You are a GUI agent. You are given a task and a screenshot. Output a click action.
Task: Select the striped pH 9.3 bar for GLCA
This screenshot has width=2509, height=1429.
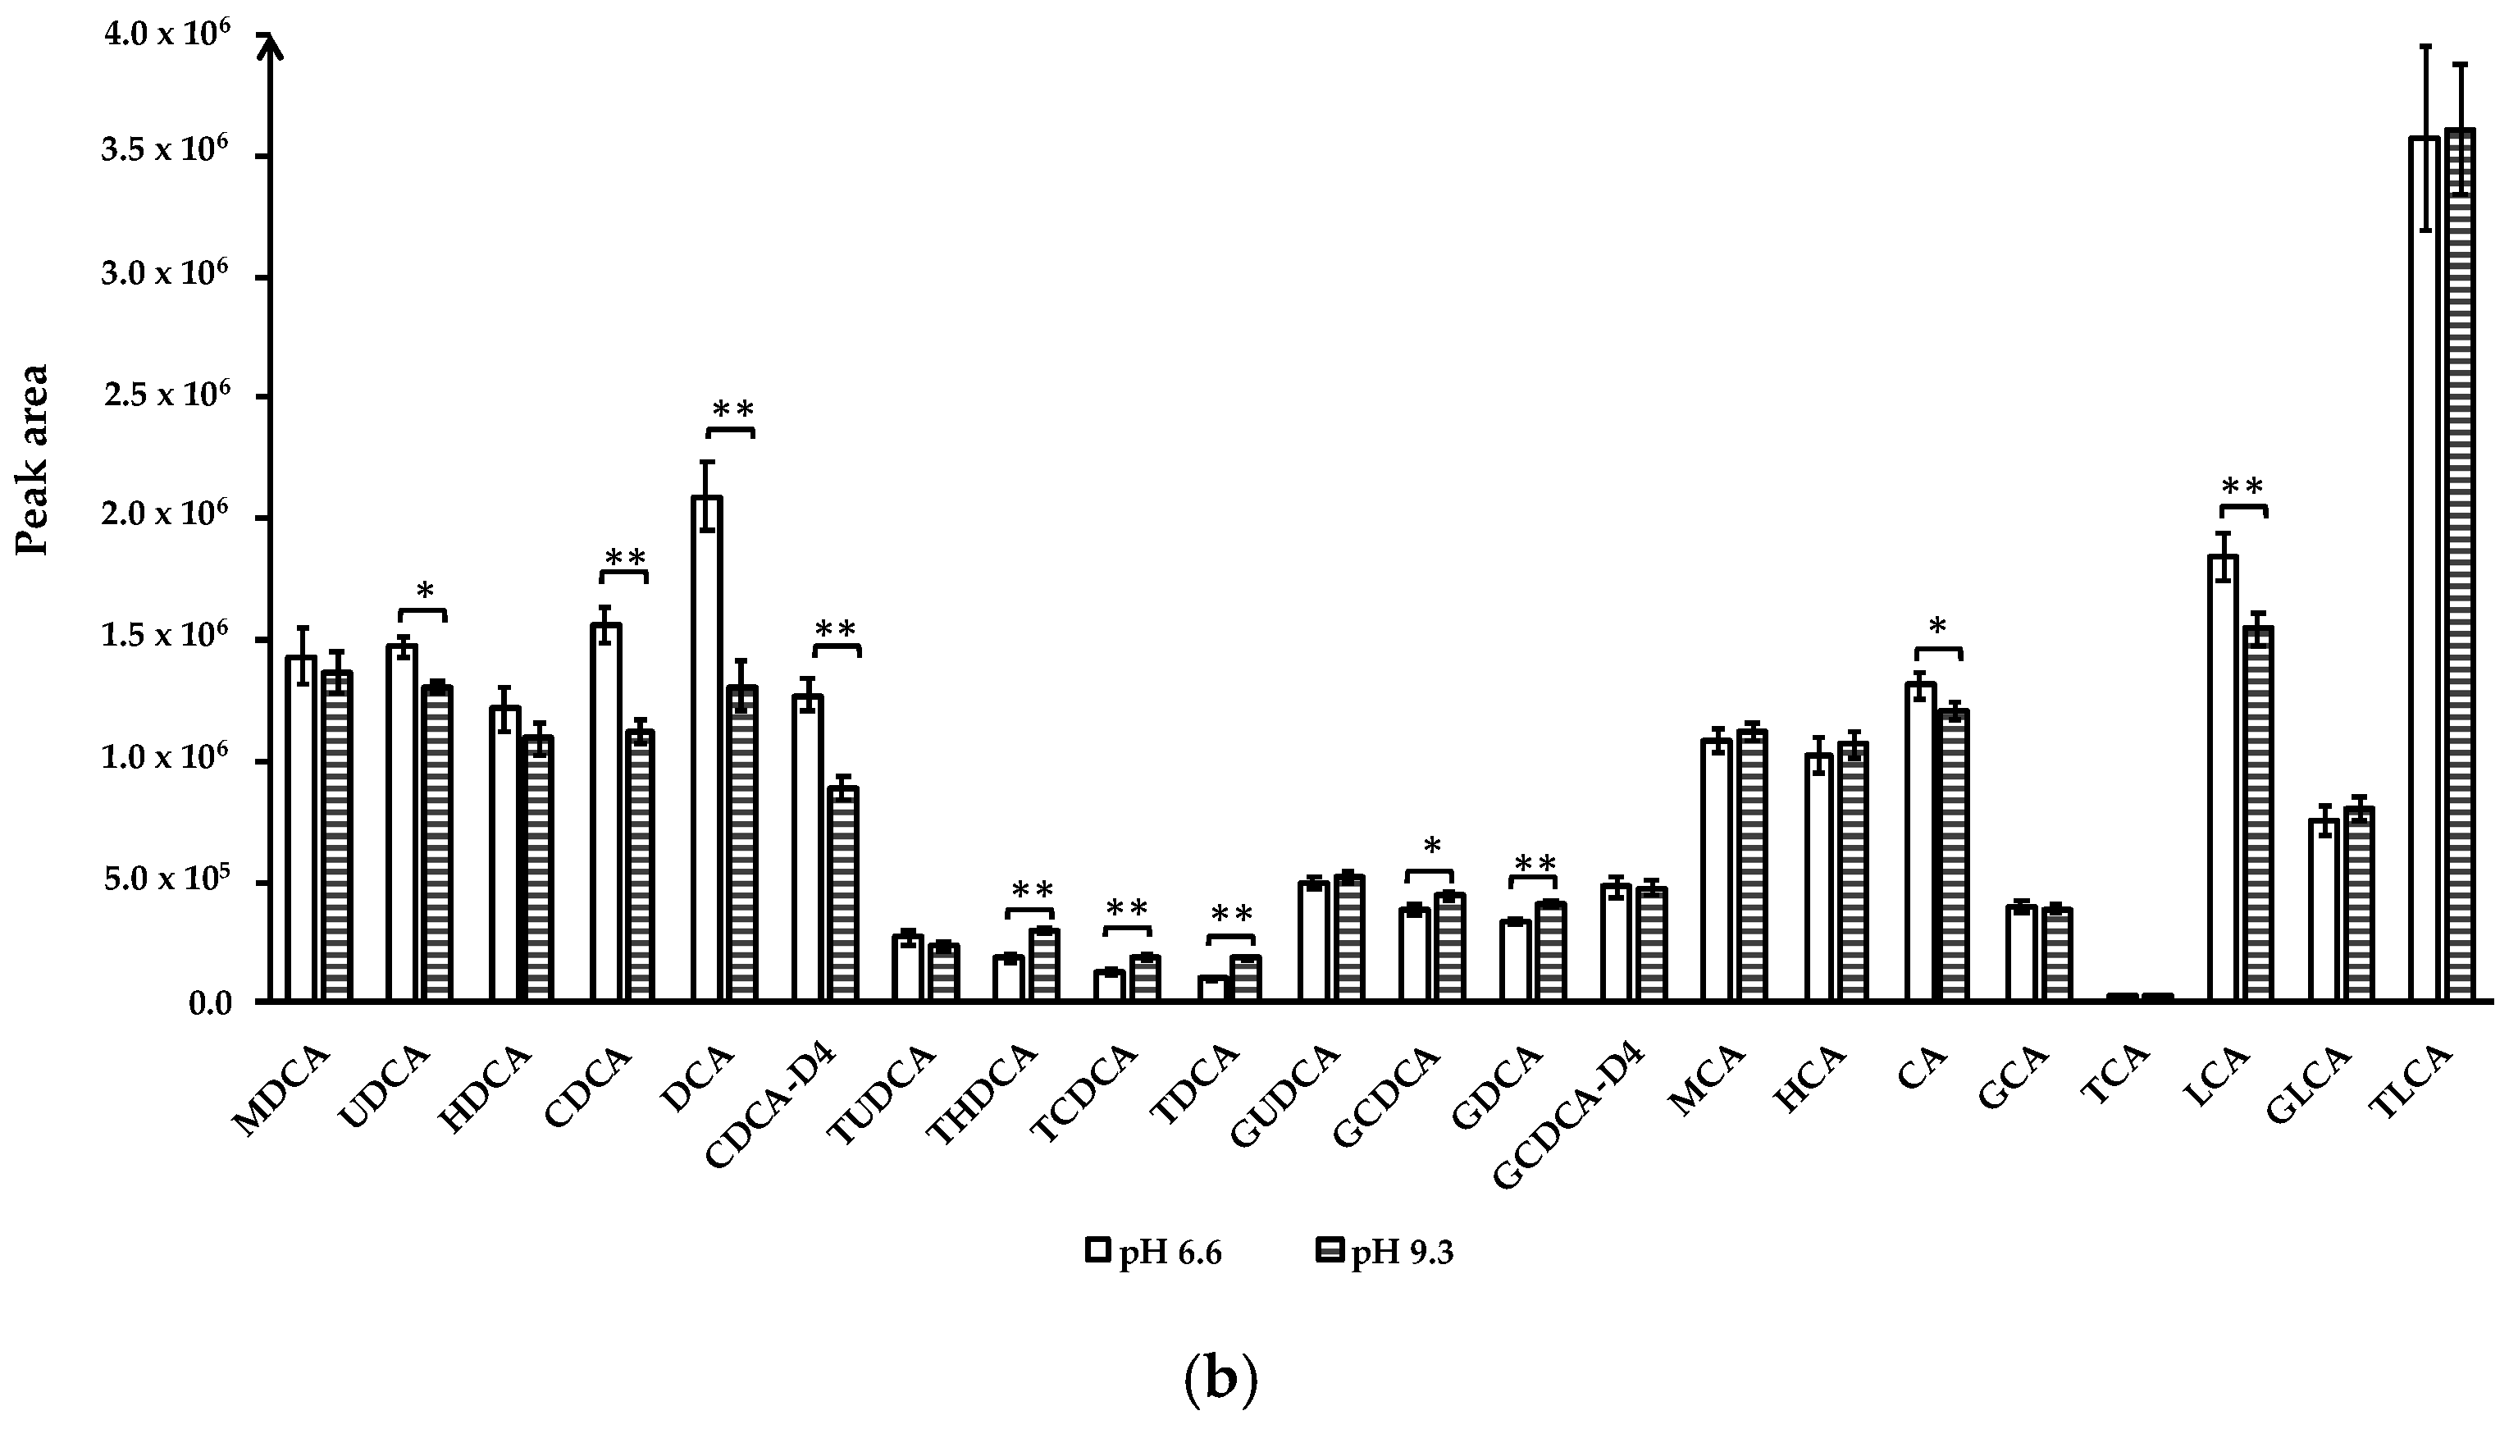[2359, 904]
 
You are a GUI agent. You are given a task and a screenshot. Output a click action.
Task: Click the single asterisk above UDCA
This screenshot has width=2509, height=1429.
[424, 591]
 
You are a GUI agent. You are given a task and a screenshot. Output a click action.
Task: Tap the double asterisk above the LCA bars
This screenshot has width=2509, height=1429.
[2242, 486]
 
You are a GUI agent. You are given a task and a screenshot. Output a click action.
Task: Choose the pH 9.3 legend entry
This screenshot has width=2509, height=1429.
[1385, 1253]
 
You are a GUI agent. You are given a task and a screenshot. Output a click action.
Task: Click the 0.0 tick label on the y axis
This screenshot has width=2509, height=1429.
[210, 1003]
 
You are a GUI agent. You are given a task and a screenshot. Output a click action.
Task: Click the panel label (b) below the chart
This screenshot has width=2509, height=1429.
[1220, 1381]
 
